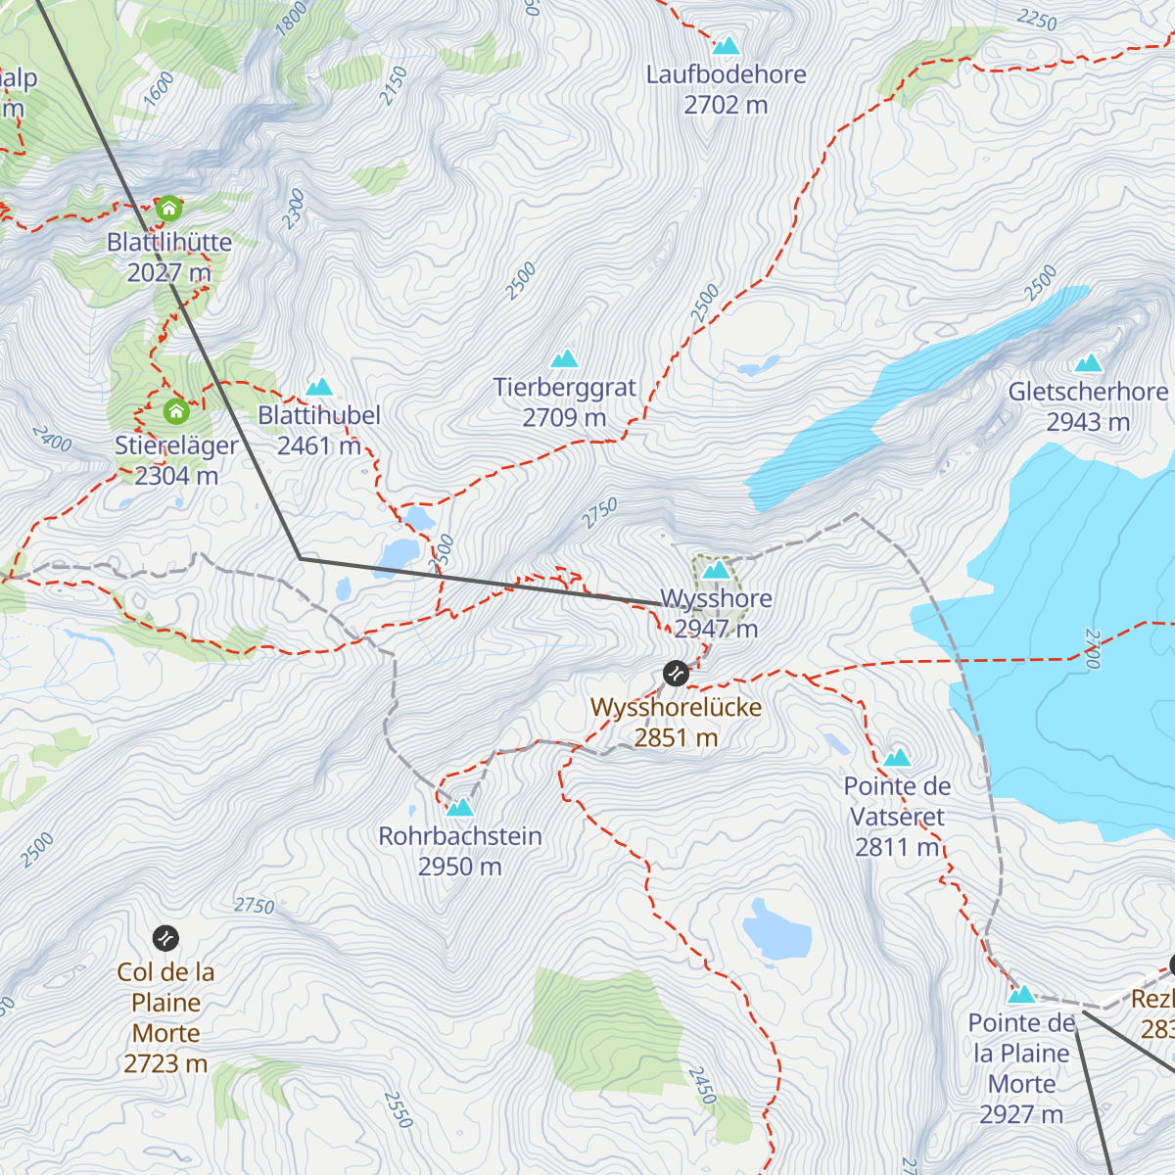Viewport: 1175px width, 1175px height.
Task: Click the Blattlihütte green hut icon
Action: (169, 209)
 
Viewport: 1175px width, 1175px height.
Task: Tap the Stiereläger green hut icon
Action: (176, 410)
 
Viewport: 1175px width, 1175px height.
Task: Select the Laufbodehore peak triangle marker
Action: (726, 45)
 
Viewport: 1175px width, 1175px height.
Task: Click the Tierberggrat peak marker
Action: (564, 359)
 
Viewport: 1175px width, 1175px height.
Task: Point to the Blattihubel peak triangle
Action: (319, 388)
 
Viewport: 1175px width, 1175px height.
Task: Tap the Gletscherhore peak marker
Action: (1088, 364)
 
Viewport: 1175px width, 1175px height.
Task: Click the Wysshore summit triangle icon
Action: (717, 570)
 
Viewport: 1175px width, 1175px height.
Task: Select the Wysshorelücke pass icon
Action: (676, 673)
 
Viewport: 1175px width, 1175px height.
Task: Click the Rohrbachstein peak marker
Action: (460, 808)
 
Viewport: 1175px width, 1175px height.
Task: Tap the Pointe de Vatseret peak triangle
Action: (897, 758)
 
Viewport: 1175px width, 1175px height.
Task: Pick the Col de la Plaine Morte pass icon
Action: (166, 939)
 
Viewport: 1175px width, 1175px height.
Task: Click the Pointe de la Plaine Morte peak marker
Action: (1021, 995)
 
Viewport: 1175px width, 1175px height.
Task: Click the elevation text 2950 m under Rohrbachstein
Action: (459, 867)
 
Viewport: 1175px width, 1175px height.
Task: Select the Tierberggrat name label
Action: (565, 388)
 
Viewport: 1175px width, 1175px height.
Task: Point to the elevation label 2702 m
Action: (726, 105)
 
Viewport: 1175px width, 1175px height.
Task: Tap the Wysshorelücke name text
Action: (676, 707)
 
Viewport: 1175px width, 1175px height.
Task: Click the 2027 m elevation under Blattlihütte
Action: (168, 272)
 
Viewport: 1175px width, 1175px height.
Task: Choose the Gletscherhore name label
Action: (1088, 392)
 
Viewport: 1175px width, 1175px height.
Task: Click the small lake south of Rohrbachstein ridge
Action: (777, 930)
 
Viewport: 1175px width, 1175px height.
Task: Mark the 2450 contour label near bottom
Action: (702, 1086)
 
